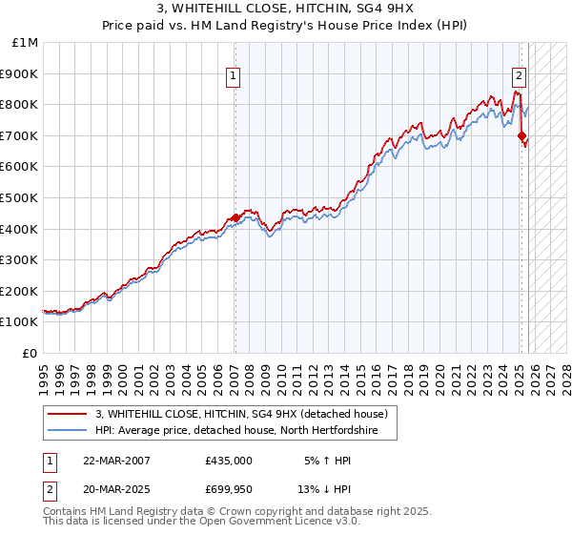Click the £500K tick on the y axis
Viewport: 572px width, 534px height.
(20, 197)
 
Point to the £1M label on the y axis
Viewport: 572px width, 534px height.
(26, 42)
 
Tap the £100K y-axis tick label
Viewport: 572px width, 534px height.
(20, 322)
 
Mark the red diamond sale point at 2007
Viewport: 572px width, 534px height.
(235, 218)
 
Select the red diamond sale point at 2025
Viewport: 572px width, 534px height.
(521, 136)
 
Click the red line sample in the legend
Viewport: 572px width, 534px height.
(68, 415)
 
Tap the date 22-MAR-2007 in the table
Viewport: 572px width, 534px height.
(117, 460)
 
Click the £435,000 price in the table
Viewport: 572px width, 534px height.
(229, 460)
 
